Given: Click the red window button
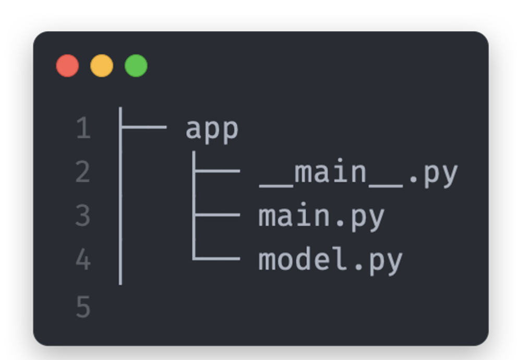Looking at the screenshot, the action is click(68, 66).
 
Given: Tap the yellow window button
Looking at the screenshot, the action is click(102, 66).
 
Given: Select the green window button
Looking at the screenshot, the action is click(136, 66).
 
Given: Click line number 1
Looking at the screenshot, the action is click(83, 128).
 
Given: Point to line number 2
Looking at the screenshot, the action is click(83, 172).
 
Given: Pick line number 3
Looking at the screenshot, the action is click(83, 216).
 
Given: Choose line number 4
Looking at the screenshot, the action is click(83, 260).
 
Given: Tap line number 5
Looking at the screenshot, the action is click(83, 307).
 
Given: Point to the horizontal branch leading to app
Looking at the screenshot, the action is click(144, 127).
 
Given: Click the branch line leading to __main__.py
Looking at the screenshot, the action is click(217, 171).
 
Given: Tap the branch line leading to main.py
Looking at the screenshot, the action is click(217, 214).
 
